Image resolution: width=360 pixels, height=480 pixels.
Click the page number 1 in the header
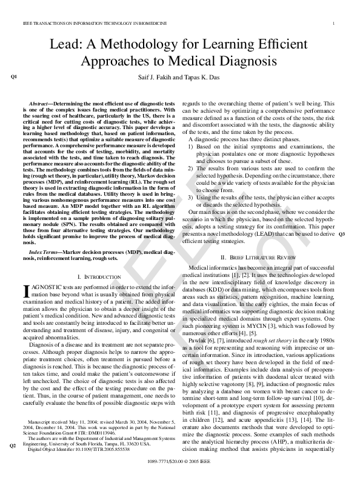(x=334, y=24)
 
